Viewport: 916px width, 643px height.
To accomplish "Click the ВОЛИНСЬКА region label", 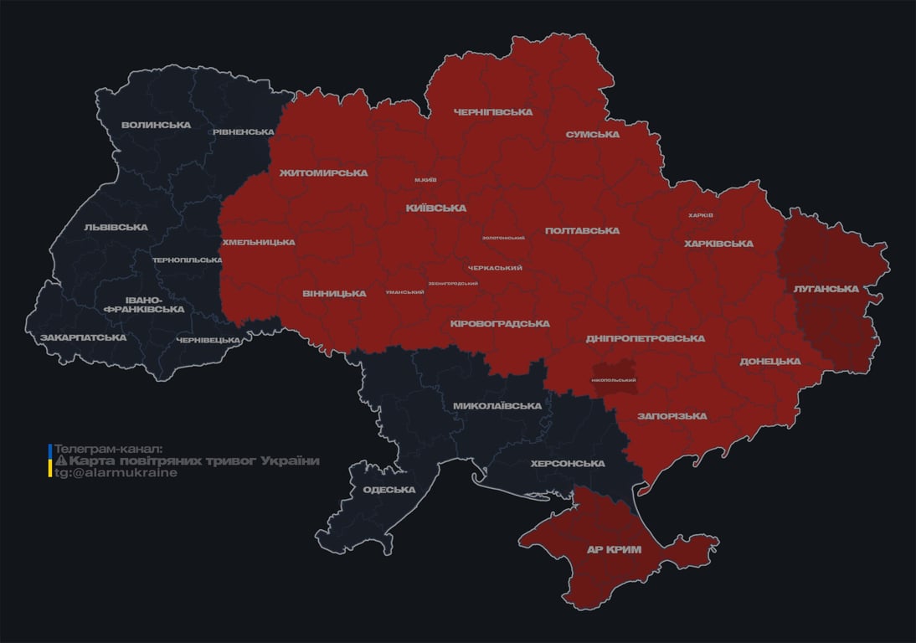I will point(156,126).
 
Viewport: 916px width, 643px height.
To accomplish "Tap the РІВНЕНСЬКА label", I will point(243,132).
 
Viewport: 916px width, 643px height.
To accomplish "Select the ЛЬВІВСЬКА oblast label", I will point(116,227).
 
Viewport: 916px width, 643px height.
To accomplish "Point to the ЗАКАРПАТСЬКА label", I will point(83,337).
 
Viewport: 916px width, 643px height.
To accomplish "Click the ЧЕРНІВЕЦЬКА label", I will point(208,340).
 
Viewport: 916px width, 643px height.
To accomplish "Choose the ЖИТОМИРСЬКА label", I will point(323,173).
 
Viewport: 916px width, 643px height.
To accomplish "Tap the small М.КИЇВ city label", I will point(425,180).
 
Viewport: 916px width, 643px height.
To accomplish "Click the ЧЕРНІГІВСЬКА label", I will point(493,112).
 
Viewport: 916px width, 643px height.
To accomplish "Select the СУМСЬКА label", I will point(592,135).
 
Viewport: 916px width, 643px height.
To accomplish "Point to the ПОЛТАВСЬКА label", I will point(582,230).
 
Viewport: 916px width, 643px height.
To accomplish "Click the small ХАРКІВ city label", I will point(700,215).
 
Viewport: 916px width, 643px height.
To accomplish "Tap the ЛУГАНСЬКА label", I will point(826,289).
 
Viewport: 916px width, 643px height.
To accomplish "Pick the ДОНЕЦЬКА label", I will point(769,362).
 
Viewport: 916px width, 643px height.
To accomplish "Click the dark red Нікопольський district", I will point(614,378).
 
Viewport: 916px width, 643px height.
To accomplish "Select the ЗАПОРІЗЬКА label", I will point(672,416).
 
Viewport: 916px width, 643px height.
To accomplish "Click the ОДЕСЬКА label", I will point(389,490).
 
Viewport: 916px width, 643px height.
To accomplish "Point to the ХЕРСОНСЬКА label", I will point(568,463).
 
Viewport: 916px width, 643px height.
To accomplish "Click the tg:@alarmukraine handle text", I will point(116,473).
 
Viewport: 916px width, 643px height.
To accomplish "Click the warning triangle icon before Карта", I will point(60,461).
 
